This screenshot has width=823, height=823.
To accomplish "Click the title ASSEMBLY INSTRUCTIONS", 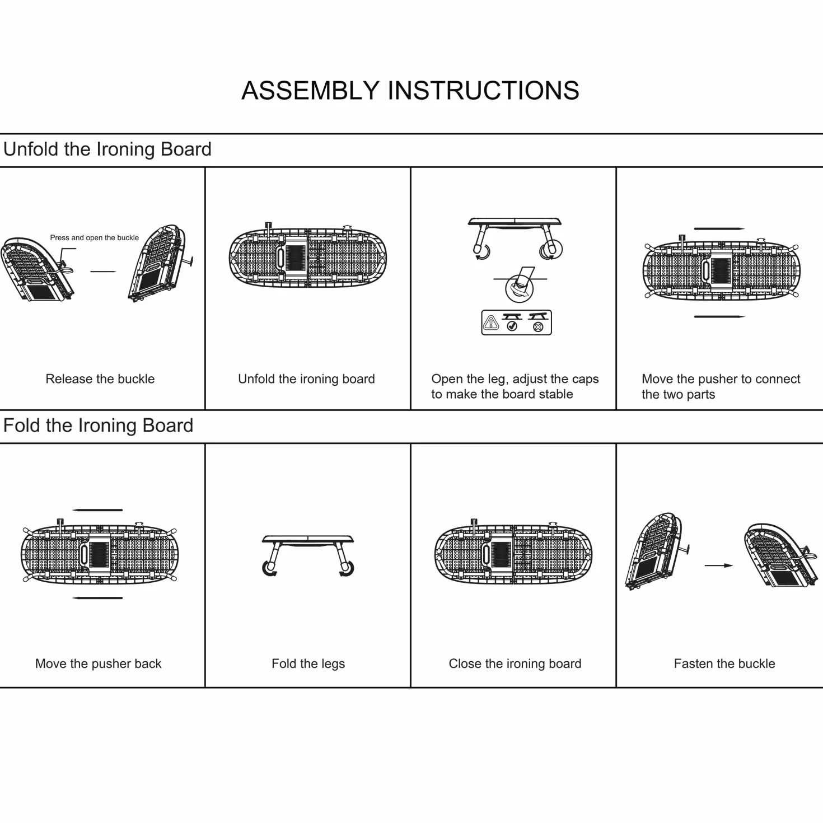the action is pyautogui.click(x=410, y=91).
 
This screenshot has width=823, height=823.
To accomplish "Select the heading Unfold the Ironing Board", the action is pyautogui.click(x=107, y=149).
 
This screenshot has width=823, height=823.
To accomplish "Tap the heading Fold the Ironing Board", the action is pyautogui.click(x=98, y=426).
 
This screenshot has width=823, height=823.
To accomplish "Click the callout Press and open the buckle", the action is pyautogui.click(x=95, y=238).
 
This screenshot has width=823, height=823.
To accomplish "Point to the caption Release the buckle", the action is pyautogui.click(x=100, y=379).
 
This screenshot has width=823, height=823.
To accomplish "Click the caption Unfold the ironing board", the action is pyautogui.click(x=306, y=379).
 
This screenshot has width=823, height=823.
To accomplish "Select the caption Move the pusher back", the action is pyautogui.click(x=98, y=663).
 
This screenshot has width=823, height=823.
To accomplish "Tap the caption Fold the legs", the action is pyautogui.click(x=308, y=664).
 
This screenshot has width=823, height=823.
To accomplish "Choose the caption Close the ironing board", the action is pyautogui.click(x=515, y=663).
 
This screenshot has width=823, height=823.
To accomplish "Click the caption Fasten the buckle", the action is pyautogui.click(x=724, y=663).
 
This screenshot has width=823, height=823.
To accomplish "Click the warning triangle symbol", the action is pyautogui.click(x=491, y=322).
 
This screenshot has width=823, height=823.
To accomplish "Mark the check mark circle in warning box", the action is pyautogui.click(x=512, y=326).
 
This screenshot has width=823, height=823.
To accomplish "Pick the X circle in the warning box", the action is pyautogui.click(x=538, y=327).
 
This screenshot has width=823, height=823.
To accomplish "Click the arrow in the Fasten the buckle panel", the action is pyautogui.click(x=719, y=565).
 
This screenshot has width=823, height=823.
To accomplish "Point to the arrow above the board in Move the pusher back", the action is pyautogui.click(x=97, y=510).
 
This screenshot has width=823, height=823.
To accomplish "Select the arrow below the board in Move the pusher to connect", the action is pyautogui.click(x=719, y=316).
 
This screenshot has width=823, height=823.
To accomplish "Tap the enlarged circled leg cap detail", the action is pyautogui.click(x=520, y=289).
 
